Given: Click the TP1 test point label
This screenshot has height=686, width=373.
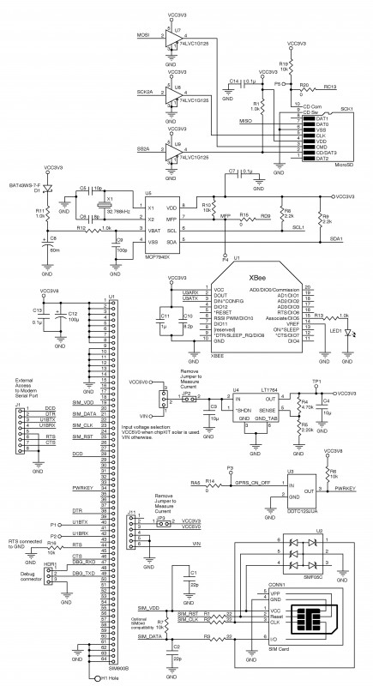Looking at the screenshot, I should (x=317, y=356).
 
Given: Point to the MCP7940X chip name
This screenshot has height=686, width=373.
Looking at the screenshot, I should (x=158, y=255).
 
